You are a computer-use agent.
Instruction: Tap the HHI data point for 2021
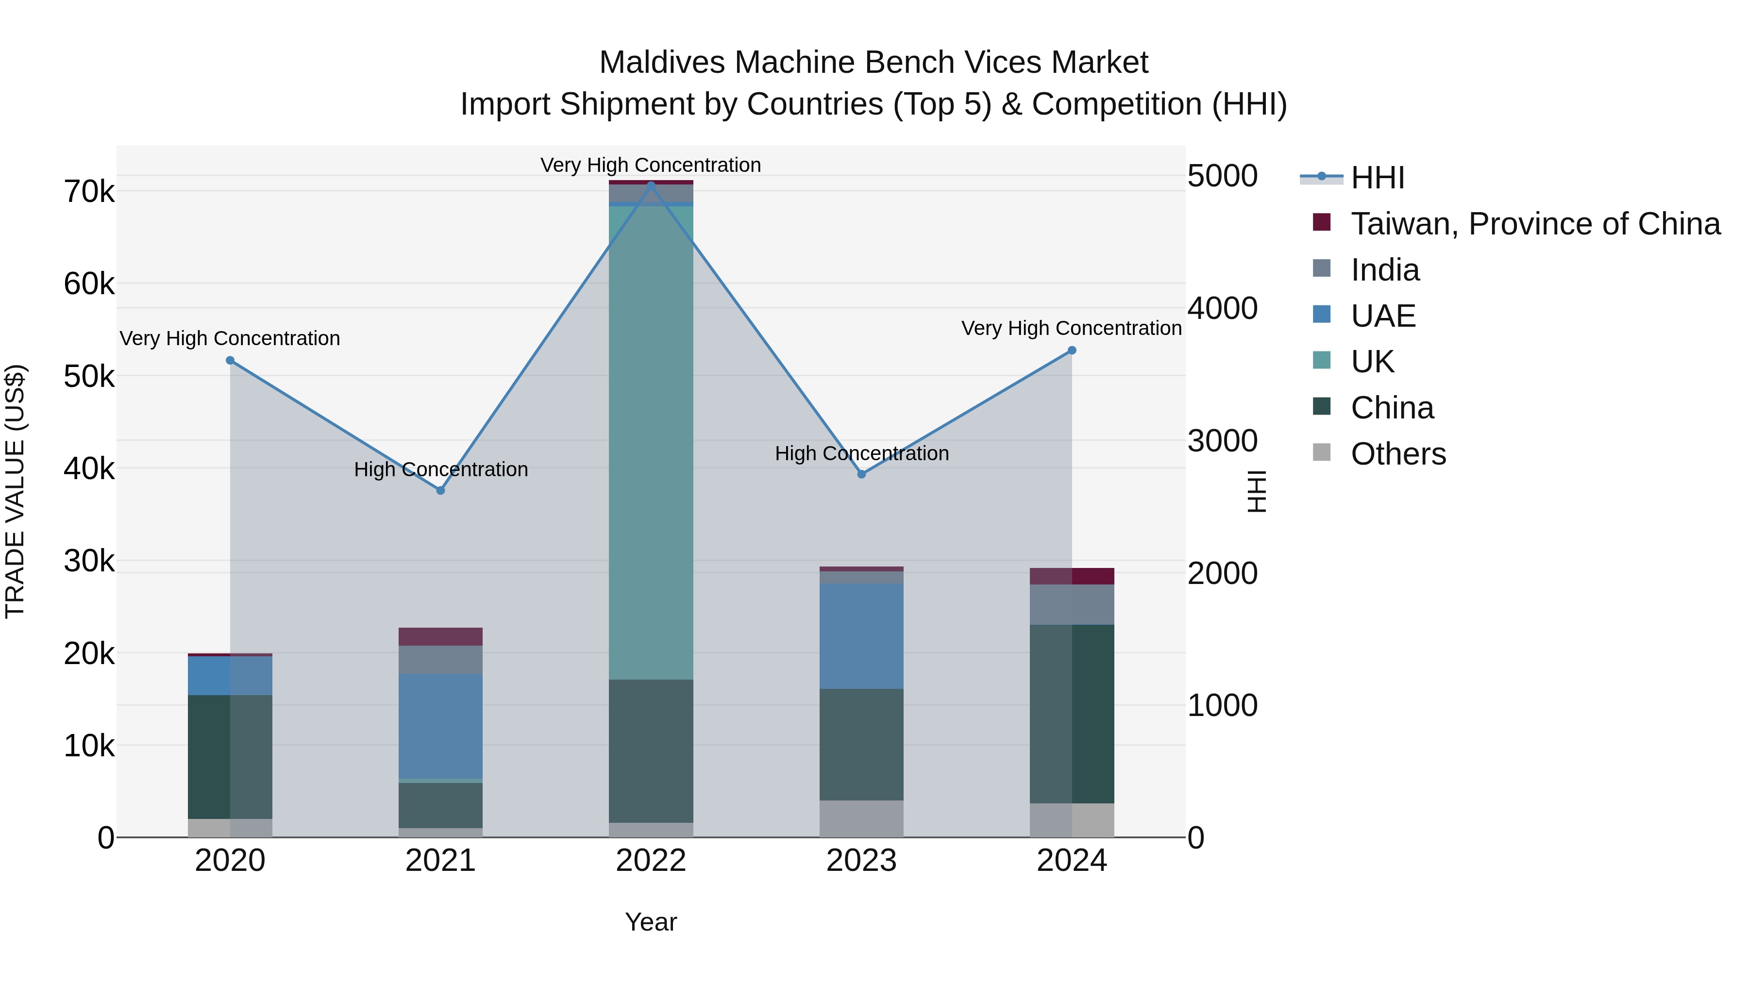point(440,490)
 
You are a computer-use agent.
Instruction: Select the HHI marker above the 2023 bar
point(861,474)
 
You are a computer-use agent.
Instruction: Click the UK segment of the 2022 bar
point(651,441)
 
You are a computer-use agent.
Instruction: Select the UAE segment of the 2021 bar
point(440,726)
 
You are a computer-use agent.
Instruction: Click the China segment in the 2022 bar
point(651,750)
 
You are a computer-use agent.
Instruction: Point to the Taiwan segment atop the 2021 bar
point(440,636)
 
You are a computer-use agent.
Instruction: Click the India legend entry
point(1384,270)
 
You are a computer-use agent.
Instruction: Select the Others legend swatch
point(1321,452)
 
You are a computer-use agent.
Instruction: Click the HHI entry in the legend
point(1377,178)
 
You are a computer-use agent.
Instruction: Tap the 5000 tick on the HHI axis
point(1222,176)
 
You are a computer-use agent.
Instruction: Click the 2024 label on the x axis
point(1072,861)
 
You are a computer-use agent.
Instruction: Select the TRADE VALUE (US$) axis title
point(15,491)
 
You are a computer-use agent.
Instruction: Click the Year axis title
point(651,922)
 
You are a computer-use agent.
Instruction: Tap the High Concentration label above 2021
point(440,469)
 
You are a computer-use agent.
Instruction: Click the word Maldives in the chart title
point(662,63)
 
